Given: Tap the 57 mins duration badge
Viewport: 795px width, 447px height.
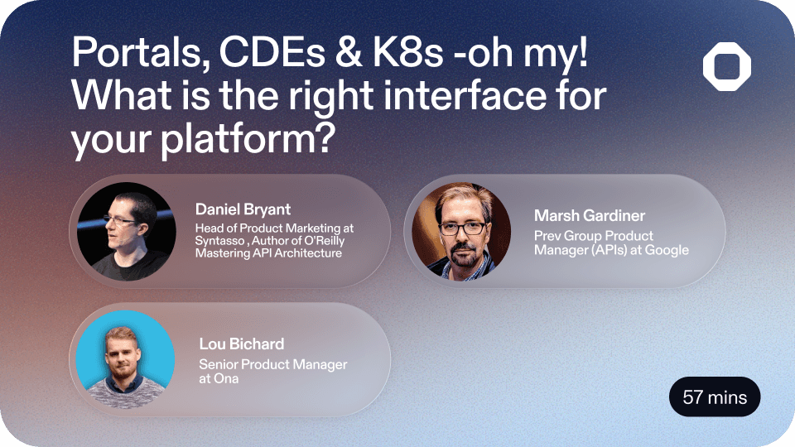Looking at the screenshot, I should (715, 398).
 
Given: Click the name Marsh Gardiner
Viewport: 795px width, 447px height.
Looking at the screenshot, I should (589, 216).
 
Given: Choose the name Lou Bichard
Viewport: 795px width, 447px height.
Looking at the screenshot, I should (241, 344).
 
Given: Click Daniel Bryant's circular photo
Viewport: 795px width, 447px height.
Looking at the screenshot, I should (126, 231).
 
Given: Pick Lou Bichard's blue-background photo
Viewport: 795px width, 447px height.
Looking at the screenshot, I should (126, 359).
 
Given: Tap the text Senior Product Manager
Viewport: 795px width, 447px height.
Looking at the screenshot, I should (273, 364).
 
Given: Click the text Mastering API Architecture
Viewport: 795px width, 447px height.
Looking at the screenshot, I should (268, 252).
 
